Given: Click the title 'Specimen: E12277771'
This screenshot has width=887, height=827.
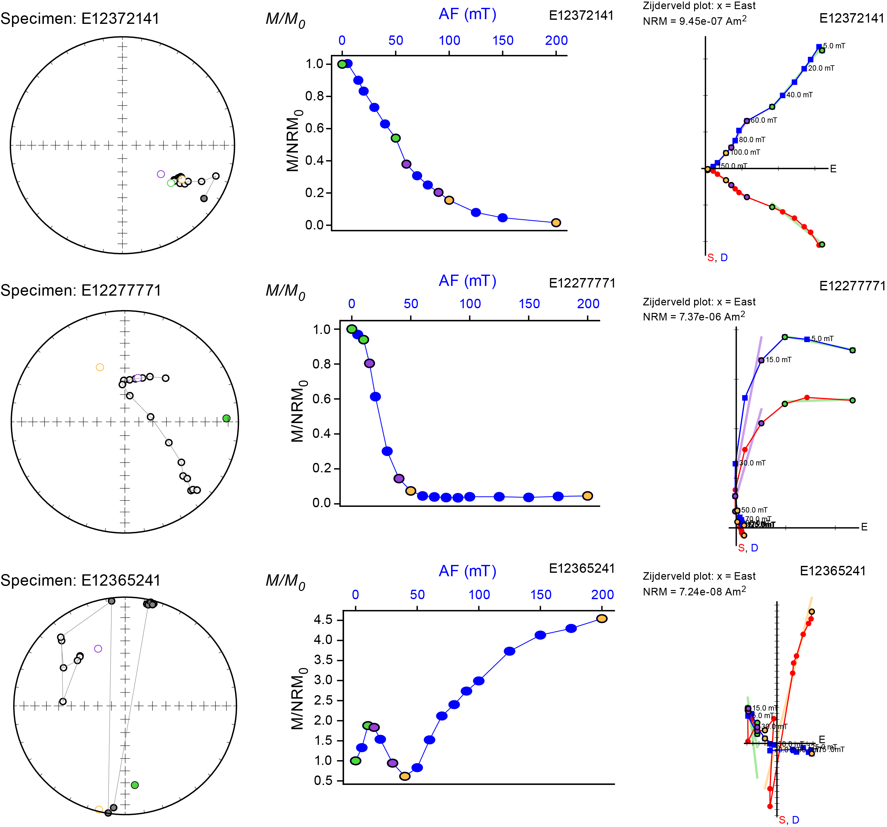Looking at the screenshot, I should click(x=81, y=291).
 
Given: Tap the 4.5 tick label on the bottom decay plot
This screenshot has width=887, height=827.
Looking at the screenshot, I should click(x=323, y=619).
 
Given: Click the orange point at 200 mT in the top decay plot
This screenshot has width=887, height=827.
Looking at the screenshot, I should click(x=556, y=223).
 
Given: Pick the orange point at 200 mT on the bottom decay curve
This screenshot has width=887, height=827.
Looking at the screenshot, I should click(x=602, y=619).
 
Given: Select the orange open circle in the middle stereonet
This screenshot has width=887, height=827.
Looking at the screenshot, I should click(x=100, y=367).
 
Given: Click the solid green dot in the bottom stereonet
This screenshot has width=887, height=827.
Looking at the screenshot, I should click(x=135, y=785).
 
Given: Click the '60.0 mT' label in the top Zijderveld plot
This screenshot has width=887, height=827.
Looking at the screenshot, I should click(x=763, y=121).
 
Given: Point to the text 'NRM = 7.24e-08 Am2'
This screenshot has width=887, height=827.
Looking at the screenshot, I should click(x=694, y=592).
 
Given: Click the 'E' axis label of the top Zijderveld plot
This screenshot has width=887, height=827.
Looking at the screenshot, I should click(x=833, y=169).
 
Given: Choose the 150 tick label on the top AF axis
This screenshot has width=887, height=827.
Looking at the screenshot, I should click(x=503, y=40).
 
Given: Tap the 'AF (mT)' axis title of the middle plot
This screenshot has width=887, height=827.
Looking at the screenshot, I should click(x=468, y=281).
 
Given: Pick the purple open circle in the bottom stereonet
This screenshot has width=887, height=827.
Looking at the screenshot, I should click(x=98, y=649).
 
